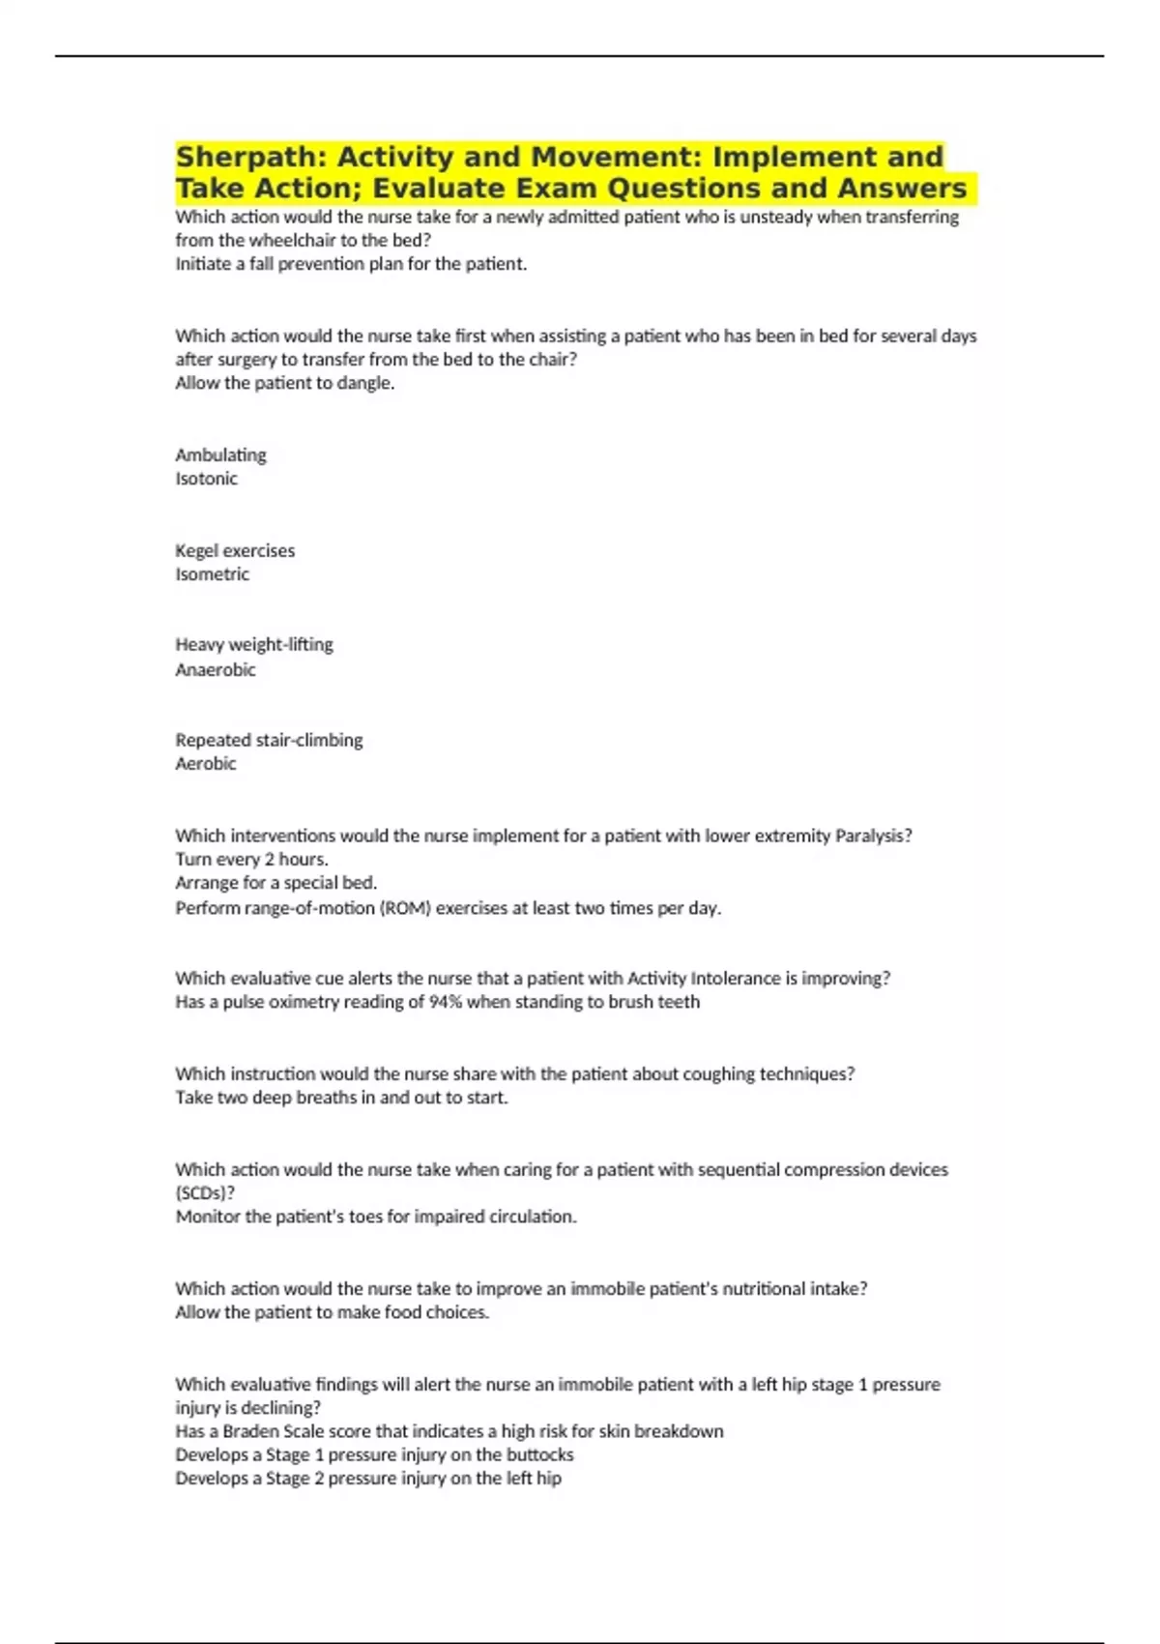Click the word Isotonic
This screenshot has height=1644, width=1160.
coord(206,479)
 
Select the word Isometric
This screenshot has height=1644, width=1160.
coord(212,574)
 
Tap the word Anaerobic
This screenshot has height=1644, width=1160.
coord(215,670)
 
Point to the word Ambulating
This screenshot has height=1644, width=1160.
coord(220,455)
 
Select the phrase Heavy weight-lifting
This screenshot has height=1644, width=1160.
coord(253,645)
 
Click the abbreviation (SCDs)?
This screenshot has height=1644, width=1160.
coord(205,1193)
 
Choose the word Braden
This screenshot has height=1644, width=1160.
coord(251,1431)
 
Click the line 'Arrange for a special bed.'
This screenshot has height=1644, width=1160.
coord(275,883)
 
